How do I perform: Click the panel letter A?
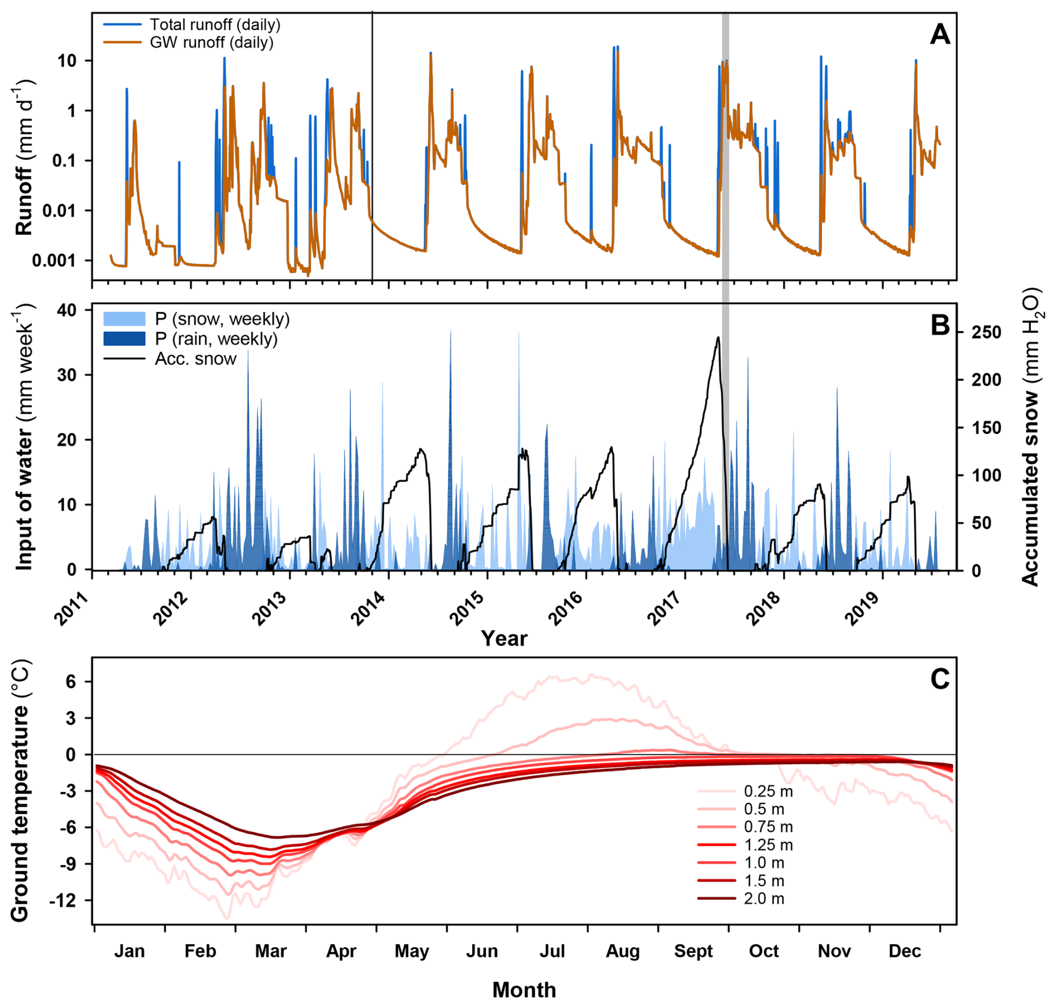[940, 35]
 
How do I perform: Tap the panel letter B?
[940, 325]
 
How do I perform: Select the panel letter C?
[940, 679]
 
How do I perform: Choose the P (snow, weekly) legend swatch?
[124, 319]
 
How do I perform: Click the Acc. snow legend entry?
[195, 359]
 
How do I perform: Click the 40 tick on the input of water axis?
[65, 310]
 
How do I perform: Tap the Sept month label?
[693, 951]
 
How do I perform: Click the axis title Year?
[504, 638]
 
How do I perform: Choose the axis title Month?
[524, 990]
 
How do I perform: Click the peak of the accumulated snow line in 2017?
[718, 337]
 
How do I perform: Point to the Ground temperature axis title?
[20, 791]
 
